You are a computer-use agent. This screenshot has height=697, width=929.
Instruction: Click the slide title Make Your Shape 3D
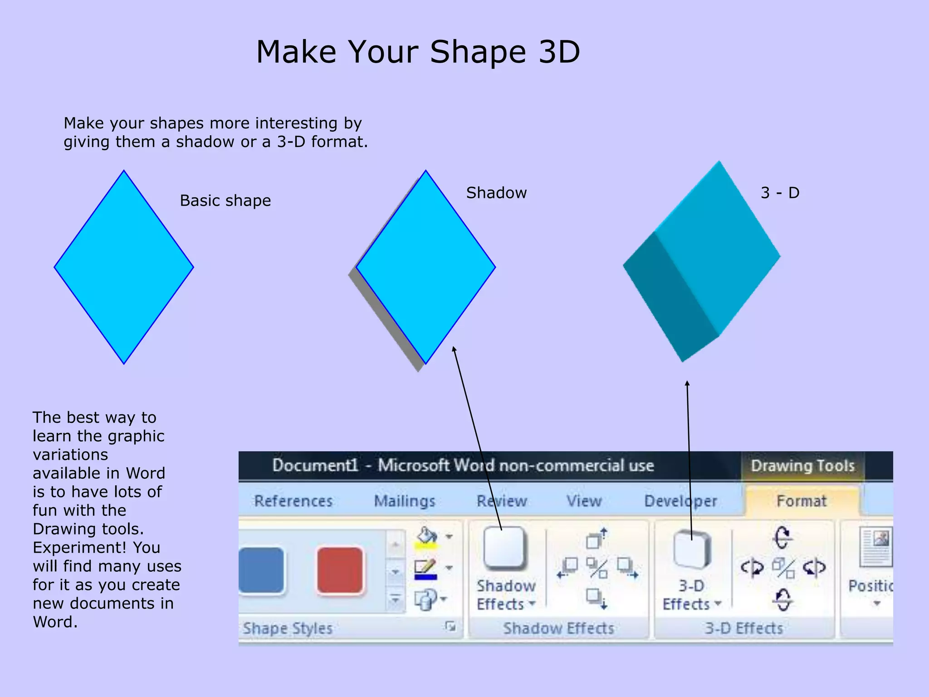coord(418,52)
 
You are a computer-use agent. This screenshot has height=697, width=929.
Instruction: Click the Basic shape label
coord(225,201)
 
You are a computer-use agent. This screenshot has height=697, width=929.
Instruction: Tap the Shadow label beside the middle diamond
coord(496,193)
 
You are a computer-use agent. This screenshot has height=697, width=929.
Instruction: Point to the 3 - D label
coord(780,193)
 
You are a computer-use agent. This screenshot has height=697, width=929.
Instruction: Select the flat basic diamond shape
coord(124,267)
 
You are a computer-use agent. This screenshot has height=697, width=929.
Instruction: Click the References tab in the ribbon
coord(293,501)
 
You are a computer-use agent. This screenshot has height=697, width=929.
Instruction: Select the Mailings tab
coord(404,501)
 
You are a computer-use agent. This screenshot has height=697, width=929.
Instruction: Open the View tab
coord(584,501)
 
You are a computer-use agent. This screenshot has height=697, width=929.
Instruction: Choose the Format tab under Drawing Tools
coord(801,501)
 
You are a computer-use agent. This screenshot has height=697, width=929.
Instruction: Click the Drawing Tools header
coord(802,466)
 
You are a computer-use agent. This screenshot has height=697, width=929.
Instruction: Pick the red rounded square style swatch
coord(340,570)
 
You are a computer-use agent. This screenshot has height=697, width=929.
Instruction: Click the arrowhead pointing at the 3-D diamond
coord(687,384)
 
